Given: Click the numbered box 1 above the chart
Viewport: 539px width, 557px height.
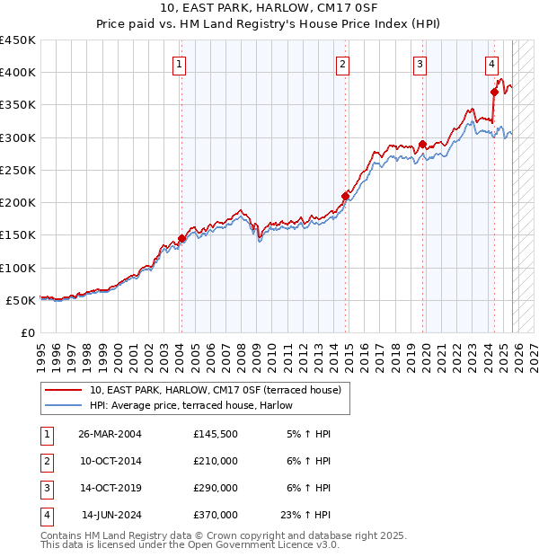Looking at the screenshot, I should point(181,64).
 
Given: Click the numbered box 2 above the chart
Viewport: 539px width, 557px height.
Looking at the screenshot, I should point(343,64).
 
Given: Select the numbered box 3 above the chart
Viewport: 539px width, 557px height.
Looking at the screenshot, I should point(420,64).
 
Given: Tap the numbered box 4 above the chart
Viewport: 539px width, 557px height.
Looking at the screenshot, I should point(492,64).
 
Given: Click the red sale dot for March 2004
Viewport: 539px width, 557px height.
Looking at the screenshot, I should point(181,238).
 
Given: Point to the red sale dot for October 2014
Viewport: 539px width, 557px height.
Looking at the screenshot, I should point(345,196).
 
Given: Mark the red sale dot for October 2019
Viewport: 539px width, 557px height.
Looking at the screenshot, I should point(422,144).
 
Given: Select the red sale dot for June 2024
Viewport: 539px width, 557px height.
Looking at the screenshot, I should point(495,92).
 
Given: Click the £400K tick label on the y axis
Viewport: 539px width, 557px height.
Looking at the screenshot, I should point(18,73).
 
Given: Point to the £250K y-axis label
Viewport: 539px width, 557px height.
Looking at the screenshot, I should point(18,170).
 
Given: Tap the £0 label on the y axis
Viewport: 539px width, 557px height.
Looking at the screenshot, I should point(27,332).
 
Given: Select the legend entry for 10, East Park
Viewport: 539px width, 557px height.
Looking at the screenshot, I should point(215,391).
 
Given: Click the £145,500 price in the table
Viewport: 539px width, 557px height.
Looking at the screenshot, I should point(216,434).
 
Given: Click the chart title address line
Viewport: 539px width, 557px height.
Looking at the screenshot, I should point(269,8).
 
